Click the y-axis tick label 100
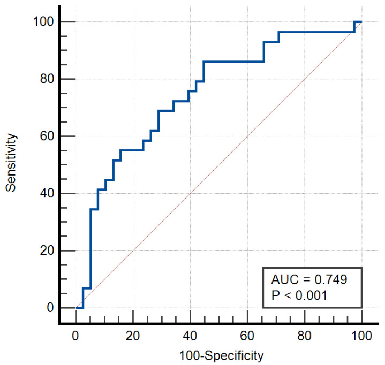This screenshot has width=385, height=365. pos(43,21)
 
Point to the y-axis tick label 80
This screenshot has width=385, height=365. pos(47,79)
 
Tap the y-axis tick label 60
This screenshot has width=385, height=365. pos(47,136)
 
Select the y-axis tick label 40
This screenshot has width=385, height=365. pos(47,193)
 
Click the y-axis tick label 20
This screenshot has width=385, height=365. pos(47,250)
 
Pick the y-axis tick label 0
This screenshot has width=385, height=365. pos(50,308)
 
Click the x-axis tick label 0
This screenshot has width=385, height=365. pos(76,336)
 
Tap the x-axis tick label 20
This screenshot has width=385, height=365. pos(133,336)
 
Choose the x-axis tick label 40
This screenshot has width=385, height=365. pos(190,336)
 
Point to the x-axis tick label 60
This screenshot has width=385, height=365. pos(247,336)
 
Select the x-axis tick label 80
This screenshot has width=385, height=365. pos(305,336)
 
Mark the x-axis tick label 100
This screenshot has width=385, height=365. pos(361,336)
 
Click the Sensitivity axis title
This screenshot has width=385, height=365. pos(11,163)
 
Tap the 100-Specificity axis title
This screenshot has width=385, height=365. pos(221,356)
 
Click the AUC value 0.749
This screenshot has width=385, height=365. pos(331,279)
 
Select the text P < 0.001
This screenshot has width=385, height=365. pos(299,295)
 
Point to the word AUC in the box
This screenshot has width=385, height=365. pos(285,279)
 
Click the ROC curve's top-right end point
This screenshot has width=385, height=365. pos(361,22)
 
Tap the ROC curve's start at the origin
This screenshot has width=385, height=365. pos(76,308)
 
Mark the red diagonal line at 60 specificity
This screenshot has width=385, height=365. pos(247,136)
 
